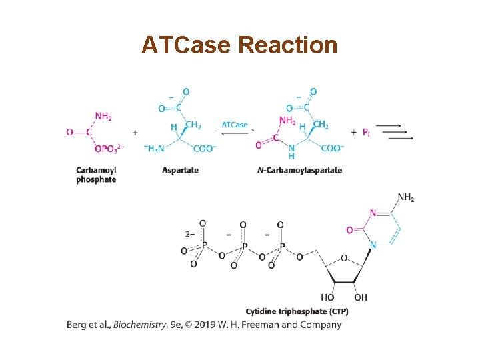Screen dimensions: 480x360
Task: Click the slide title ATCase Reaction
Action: point(239,45)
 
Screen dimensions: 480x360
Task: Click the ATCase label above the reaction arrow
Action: point(235,125)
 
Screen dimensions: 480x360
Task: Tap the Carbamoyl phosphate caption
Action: point(96,175)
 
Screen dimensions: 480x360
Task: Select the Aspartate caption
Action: point(180,170)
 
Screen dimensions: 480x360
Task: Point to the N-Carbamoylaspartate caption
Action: point(299,170)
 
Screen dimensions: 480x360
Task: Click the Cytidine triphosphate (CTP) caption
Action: point(297,311)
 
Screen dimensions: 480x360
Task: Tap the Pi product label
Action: point(366,133)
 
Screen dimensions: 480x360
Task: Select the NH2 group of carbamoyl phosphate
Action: point(103,116)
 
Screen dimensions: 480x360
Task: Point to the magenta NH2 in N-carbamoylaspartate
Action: point(288,121)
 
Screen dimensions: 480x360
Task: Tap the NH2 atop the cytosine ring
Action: point(406,197)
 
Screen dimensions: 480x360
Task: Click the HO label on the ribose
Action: point(327,297)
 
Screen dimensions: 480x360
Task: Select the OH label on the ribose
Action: point(360,297)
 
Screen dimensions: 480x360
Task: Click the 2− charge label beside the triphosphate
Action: point(189,234)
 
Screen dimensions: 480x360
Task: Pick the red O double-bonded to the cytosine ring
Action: point(349,230)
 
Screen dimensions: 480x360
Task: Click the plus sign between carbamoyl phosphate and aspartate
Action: point(135,133)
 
